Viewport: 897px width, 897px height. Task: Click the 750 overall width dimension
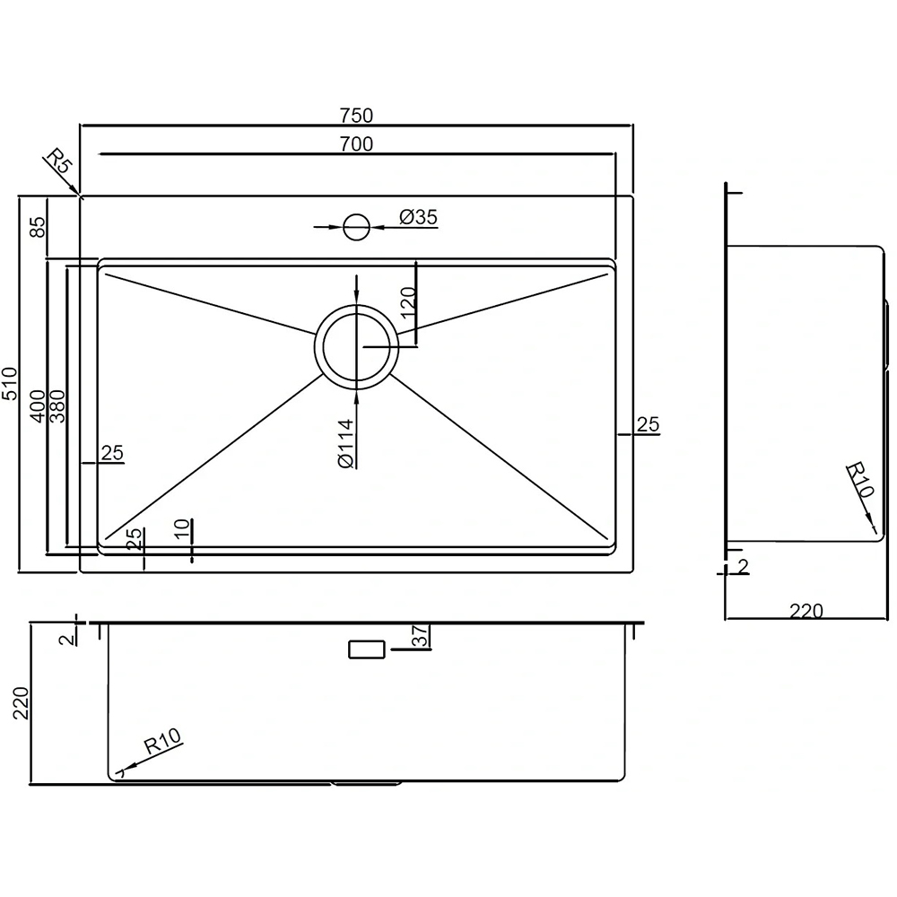[x=356, y=116]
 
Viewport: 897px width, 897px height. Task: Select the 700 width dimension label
[x=356, y=144]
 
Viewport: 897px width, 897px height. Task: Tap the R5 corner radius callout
[x=59, y=161]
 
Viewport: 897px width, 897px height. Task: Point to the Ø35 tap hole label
[x=418, y=217]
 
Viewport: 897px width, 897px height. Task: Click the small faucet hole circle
[x=356, y=227]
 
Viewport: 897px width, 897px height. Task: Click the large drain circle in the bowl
[x=356, y=346]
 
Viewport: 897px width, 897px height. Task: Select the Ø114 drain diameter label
[x=346, y=444]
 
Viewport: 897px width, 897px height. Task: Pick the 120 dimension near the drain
[x=407, y=302]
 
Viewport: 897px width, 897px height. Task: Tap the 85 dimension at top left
[x=37, y=227]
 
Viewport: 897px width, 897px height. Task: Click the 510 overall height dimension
[x=10, y=384]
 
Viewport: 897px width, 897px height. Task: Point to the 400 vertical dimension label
[x=38, y=406]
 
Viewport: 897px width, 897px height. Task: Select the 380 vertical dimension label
[x=57, y=406]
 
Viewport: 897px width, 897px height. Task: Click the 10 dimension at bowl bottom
[x=182, y=528]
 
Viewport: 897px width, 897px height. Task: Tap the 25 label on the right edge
[x=648, y=424]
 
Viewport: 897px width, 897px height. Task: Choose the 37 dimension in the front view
[x=421, y=636]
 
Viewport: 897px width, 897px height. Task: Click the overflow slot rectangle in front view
[x=367, y=649]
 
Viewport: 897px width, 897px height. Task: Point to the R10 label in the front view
[x=162, y=741]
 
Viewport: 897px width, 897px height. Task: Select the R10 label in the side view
[x=861, y=479]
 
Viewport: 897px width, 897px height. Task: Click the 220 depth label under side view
[x=806, y=611]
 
